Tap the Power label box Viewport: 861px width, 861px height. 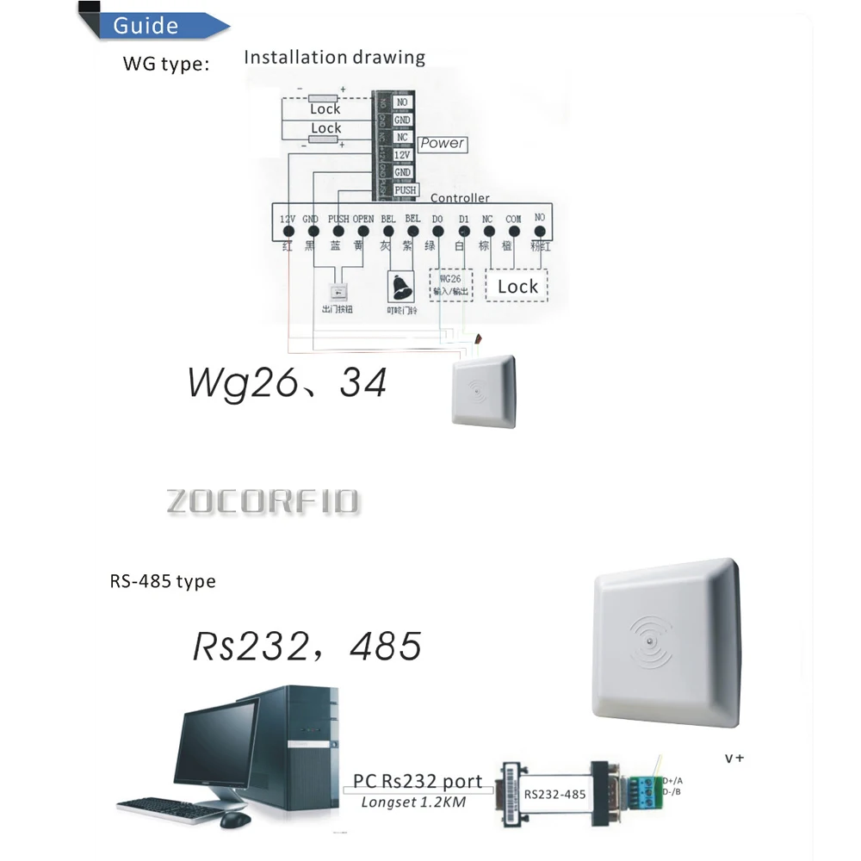point(443,144)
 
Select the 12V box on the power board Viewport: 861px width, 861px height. point(402,155)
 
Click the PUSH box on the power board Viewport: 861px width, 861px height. point(405,189)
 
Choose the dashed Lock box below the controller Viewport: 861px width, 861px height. point(517,286)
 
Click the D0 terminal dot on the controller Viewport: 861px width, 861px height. point(437,232)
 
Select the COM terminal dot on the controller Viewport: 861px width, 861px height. point(514,232)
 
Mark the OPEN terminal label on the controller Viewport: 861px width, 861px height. point(363,219)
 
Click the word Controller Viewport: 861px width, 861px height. point(460,198)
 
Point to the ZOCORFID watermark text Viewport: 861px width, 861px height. point(263,502)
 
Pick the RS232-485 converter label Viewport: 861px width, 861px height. point(550,795)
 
